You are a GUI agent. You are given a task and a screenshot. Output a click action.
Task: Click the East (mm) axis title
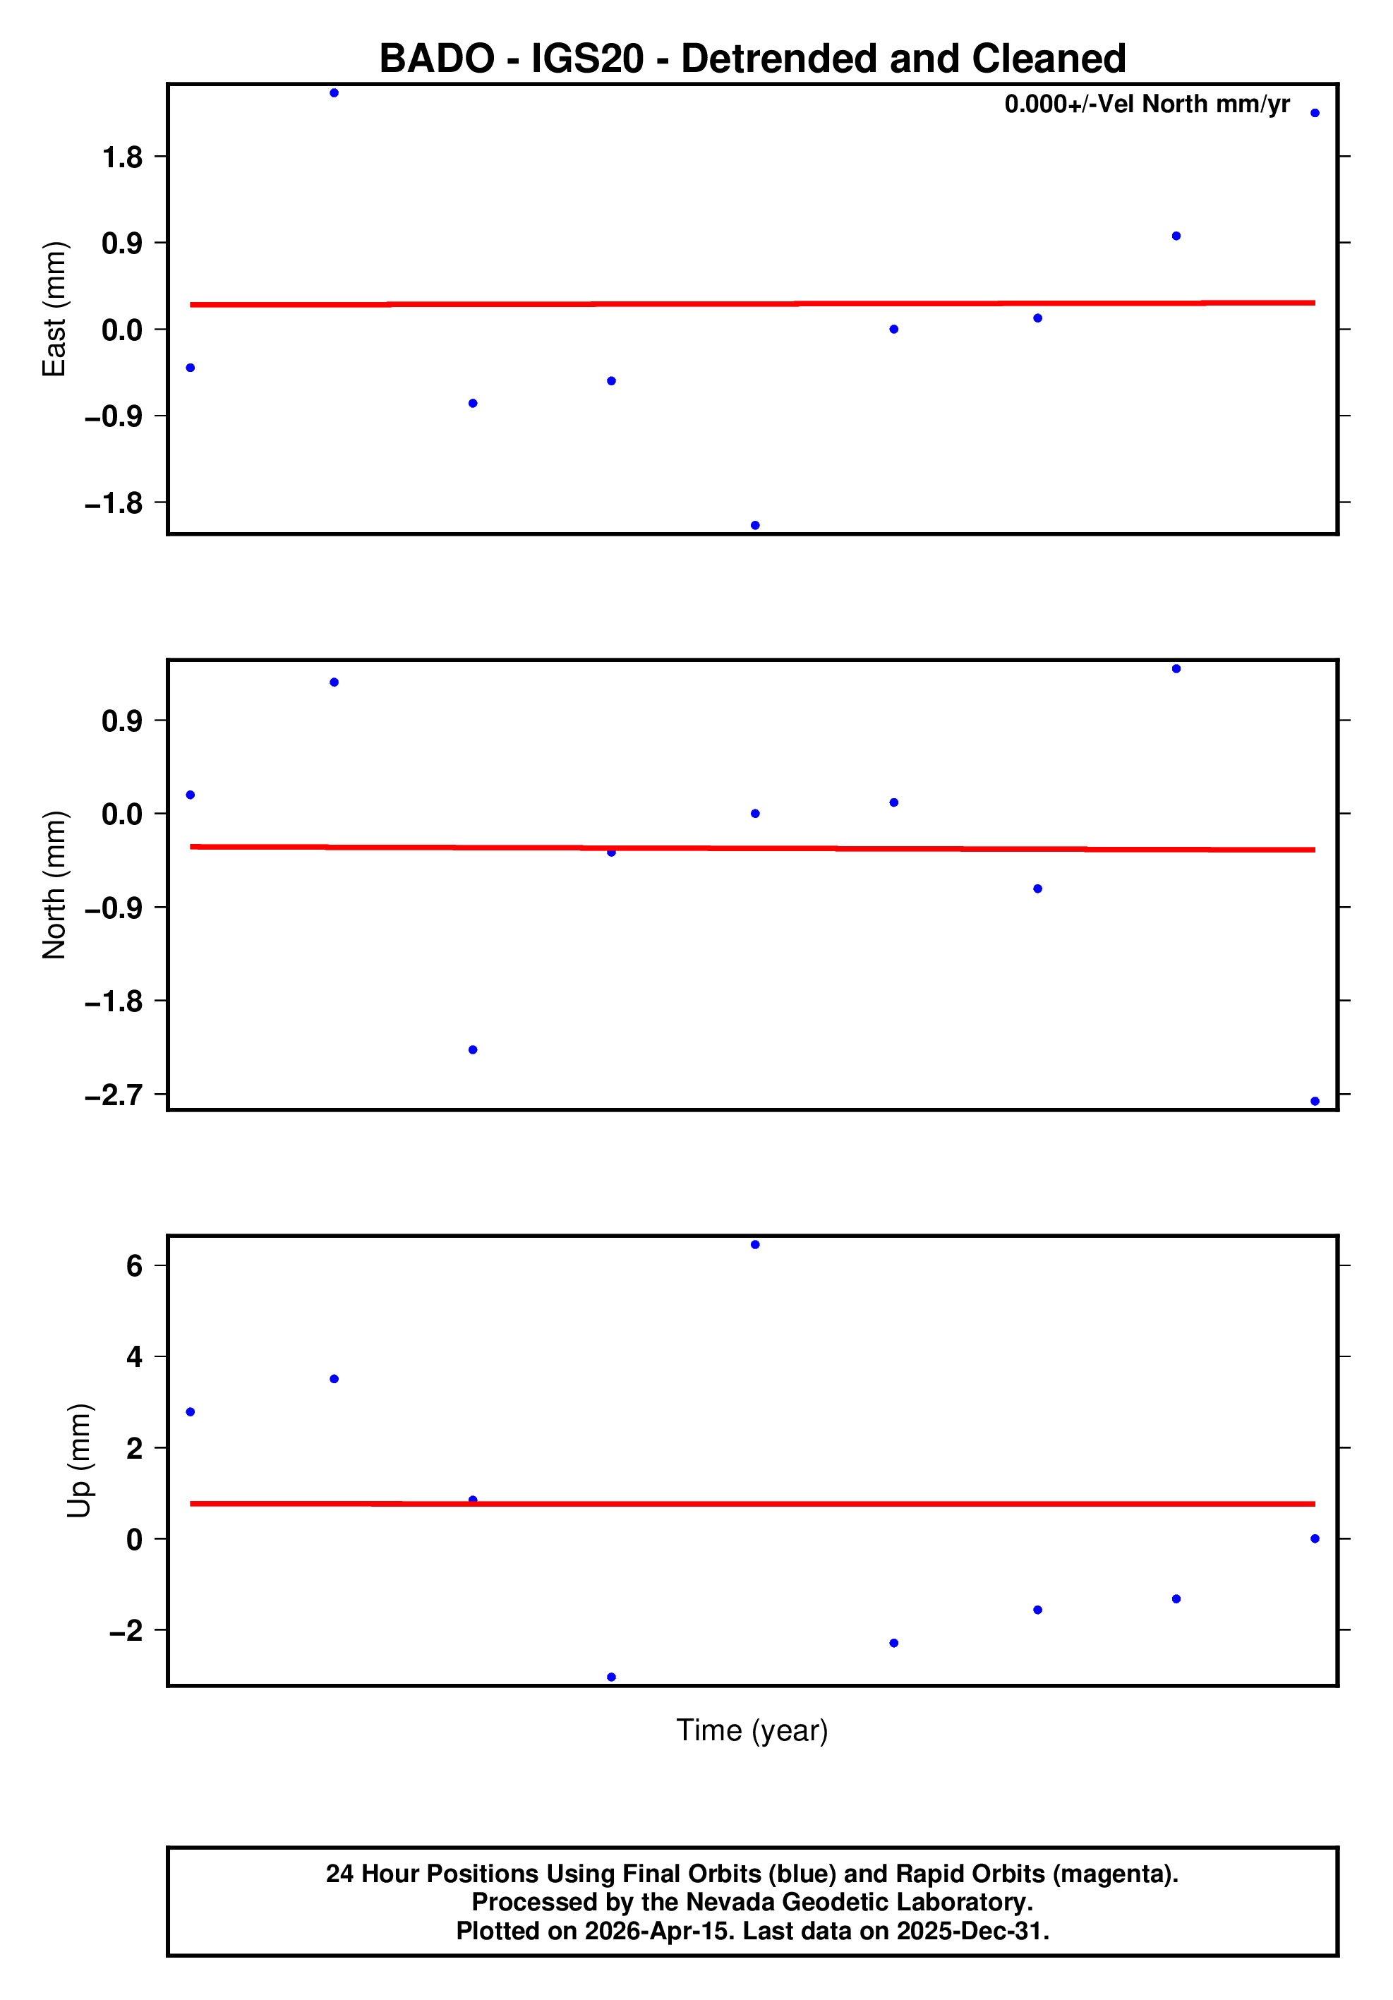click(x=54, y=309)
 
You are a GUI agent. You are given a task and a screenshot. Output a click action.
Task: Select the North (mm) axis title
click(x=54, y=885)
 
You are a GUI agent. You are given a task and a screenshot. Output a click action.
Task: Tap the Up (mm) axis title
click(x=78, y=1461)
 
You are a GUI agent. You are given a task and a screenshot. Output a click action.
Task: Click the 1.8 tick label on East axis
click(x=122, y=157)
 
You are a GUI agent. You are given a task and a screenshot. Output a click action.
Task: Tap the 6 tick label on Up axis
click(x=133, y=1265)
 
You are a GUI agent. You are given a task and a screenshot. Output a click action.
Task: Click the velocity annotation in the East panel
click(x=1147, y=104)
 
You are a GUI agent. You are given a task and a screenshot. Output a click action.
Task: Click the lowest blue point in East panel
click(x=754, y=525)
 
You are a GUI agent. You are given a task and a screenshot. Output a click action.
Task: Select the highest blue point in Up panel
click(x=754, y=1245)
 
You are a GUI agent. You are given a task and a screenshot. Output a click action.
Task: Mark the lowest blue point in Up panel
click(x=610, y=1677)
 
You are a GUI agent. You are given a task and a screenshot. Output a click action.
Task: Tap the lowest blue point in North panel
click(x=1315, y=1102)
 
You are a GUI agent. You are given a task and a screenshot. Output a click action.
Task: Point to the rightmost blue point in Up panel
click(x=1315, y=1539)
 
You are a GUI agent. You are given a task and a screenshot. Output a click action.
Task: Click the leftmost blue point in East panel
click(x=190, y=368)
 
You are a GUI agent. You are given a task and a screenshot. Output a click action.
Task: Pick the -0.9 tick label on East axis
click(x=113, y=416)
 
